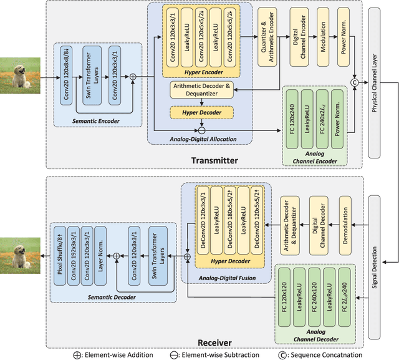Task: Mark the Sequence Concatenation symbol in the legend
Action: [281, 354]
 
